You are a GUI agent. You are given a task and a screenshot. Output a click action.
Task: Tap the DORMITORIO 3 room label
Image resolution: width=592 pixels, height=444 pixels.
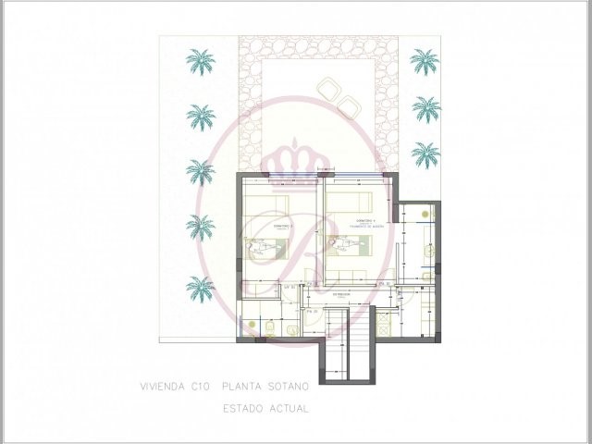pos(264,225)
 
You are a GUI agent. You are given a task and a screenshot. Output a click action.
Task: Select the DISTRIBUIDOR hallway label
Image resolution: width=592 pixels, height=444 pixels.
pos(344,294)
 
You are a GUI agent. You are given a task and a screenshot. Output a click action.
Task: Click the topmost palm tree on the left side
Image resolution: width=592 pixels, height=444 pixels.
pos(200,62)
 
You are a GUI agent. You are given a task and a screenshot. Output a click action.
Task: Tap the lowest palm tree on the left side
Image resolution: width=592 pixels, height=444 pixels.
pos(200,288)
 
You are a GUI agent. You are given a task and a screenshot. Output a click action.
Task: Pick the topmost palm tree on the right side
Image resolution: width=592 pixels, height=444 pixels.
pos(425,63)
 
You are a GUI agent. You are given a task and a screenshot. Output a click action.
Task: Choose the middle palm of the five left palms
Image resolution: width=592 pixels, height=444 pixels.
pos(200,171)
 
